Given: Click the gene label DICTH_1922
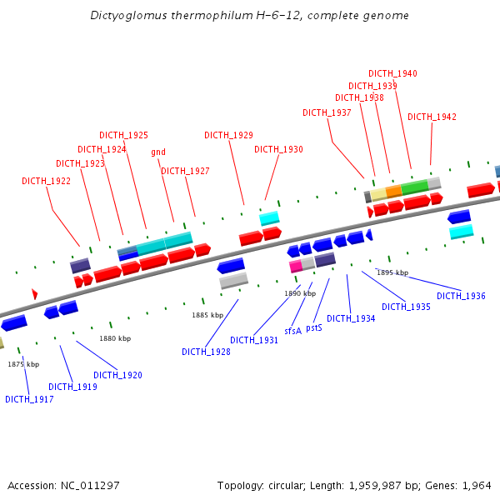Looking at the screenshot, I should tap(46, 181).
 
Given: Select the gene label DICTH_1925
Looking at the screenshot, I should tap(123, 135).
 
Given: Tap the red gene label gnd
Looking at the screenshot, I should tap(158, 152).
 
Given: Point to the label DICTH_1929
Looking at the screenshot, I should tap(228, 135).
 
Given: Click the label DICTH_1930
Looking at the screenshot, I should tap(278, 150).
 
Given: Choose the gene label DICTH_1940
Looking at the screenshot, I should tap(392, 74).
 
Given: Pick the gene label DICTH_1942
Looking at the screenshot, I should tap(432, 117).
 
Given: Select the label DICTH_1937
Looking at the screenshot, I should tap(327, 113).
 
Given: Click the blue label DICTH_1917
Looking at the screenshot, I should tap(29, 400).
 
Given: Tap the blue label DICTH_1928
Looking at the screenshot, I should tap(206, 352).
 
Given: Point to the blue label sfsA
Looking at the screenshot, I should tap(292, 332).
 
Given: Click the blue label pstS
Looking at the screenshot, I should tap(314, 328).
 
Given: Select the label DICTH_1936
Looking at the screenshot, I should tap(461, 297).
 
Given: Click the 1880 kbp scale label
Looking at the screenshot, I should tap(115, 339).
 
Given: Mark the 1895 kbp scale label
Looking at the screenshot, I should tap(392, 273).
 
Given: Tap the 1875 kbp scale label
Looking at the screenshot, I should tap(23, 365).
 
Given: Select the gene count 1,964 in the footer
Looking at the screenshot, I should tap(477, 486).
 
